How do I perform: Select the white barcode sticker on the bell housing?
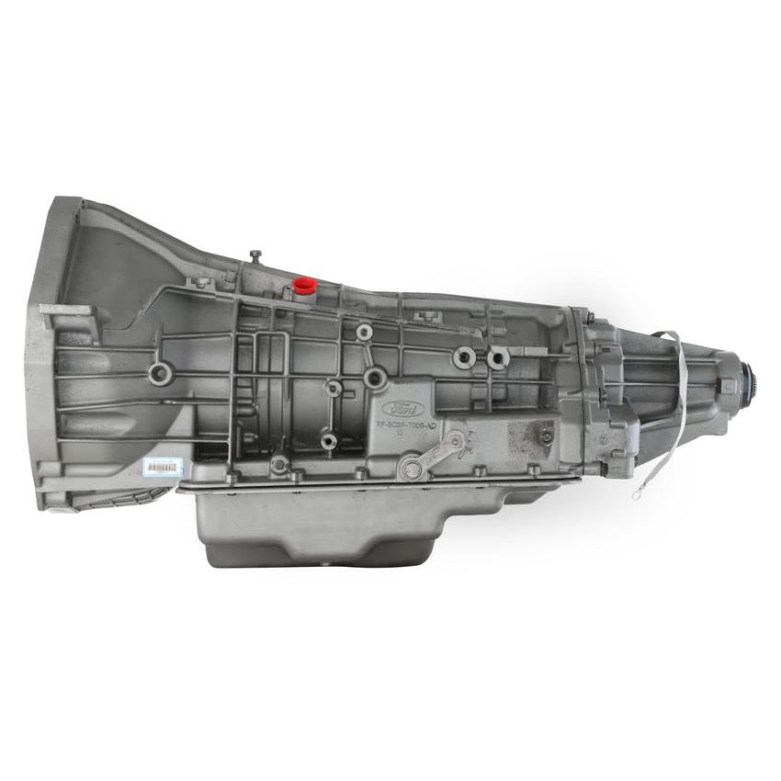point(163,467)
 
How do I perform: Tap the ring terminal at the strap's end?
point(636,493)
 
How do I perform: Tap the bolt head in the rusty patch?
point(546,436)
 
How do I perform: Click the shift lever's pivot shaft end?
point(413,470)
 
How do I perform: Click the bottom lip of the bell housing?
point(101,501)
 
